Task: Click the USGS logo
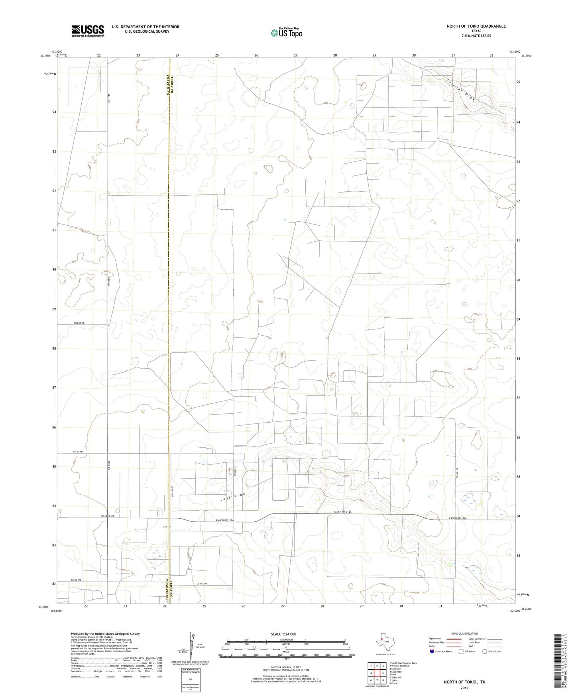click(88, 31)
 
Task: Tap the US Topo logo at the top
click(286, 32)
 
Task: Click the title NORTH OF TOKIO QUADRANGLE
click(476, 26)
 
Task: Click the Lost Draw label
click(233, 497)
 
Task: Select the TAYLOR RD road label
click(79, 323)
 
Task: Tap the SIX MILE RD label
click(107, 516)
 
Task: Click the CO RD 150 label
click(78, 452)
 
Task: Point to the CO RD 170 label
click(77, 580)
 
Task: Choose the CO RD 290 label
click(202, 584)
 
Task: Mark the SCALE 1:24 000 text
click(283, 634)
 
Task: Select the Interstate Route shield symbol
click(432, 651)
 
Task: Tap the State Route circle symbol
click(484, 651)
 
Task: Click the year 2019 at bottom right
click(464, 688)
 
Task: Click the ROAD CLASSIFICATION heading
click(464, 633)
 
